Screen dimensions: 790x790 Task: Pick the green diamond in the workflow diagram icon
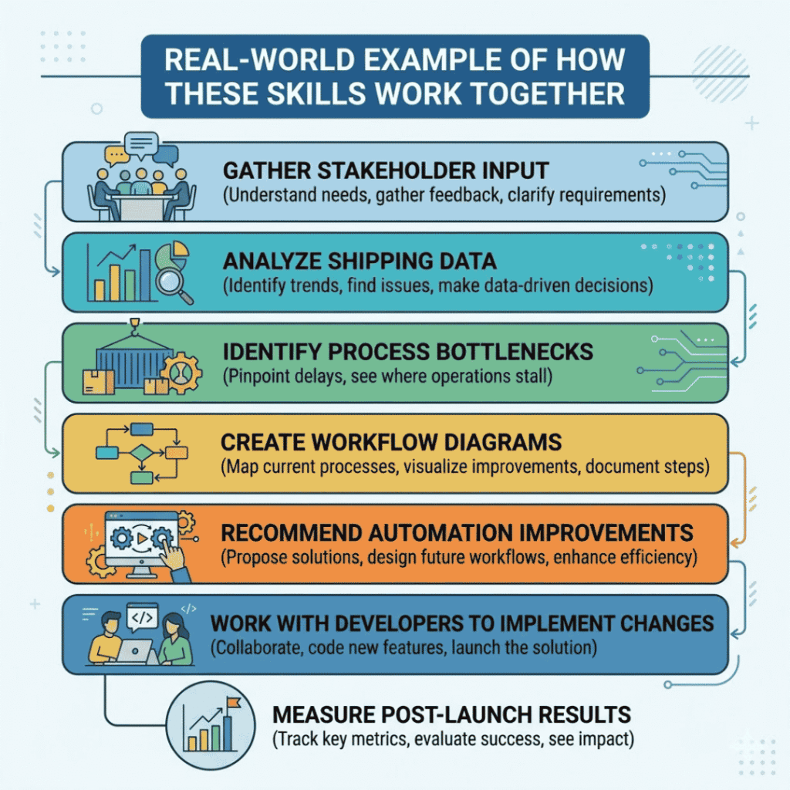[142, 453]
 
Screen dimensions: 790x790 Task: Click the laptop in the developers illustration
[133, 651]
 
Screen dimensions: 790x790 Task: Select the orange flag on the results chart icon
[233, 702]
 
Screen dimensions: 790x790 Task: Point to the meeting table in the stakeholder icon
[142, 206]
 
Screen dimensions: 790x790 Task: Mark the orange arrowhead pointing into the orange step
[735, 544]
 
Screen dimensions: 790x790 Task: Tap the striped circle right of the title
[720, 73]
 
